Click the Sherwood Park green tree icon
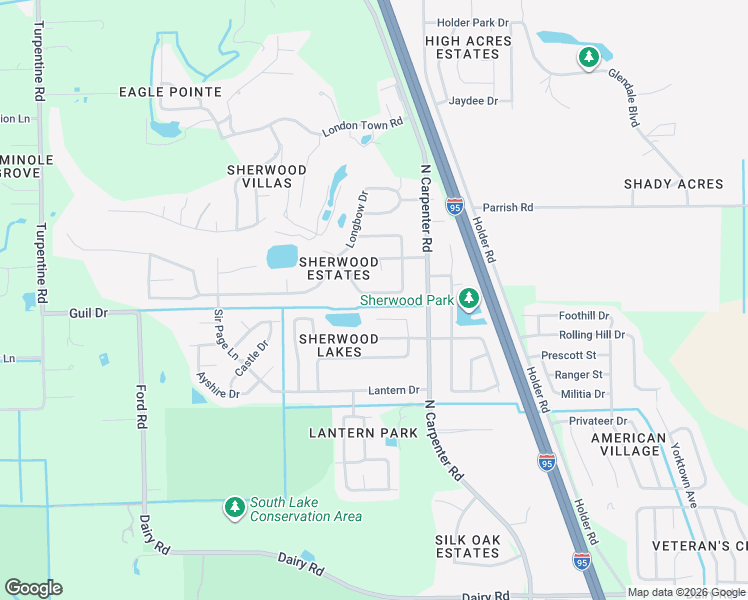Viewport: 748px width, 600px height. point(468,298)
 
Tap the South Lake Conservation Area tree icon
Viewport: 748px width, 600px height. point(235,508)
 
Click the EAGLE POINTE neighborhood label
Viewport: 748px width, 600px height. point(170,92)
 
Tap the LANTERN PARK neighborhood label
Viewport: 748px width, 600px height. point(349,433)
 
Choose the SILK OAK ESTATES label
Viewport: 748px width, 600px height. point(467,546)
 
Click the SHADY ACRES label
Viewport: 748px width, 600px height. point(673,184)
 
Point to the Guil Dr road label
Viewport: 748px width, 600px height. point(88,313)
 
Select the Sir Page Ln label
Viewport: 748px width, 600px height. point(225,335)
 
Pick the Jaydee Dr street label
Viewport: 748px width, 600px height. point(473,101)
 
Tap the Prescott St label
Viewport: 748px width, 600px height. point(568,355)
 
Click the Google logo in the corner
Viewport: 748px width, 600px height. point(33,588)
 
